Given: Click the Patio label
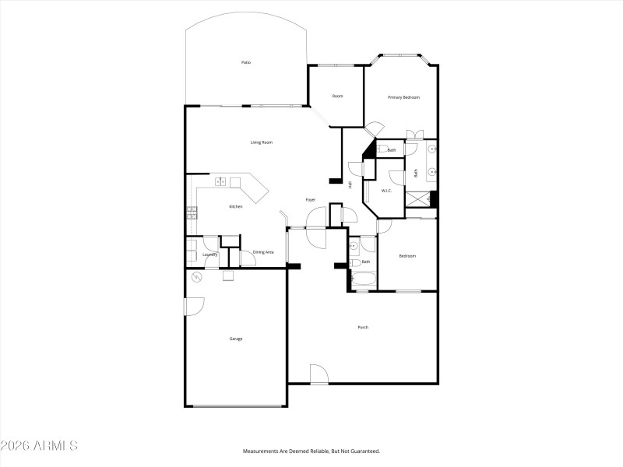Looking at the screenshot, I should [246, 62].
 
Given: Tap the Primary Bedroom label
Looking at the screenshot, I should [404, 97].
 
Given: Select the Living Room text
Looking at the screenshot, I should [261, 142].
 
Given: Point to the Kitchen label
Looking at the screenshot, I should [235, 206].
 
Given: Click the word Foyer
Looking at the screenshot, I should [311, 200].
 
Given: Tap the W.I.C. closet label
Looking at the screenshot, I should [385, 191].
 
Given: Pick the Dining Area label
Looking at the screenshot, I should [263, 252].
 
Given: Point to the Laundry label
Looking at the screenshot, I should [209, 255].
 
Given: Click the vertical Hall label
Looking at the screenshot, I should [350, 184].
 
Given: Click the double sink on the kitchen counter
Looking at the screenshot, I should [221, 181].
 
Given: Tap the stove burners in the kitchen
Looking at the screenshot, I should [192, 211].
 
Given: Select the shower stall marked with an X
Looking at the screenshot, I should [417, 200].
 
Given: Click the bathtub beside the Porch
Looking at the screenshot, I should [363, 277].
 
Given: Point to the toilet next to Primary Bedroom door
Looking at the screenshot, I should [382, 149].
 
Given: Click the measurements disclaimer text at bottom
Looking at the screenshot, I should [311, 451].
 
